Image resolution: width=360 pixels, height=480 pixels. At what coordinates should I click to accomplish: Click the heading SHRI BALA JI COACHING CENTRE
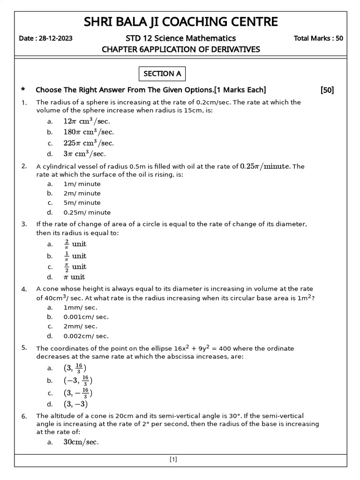click(180, 22)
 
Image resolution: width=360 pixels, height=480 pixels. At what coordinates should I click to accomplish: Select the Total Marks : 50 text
click(318, 38)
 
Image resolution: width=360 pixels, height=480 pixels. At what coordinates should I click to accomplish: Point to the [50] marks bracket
click(327, 90)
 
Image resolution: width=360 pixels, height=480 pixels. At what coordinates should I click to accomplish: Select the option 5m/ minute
click(82, 202)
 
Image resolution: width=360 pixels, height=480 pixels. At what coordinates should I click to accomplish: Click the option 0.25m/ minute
click(87, 212)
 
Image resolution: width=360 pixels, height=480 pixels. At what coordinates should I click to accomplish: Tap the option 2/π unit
click(75, 244)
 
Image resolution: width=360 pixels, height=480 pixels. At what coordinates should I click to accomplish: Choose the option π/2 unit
click(75, 266)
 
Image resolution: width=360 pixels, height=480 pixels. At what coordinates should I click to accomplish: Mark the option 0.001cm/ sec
click(86, 317)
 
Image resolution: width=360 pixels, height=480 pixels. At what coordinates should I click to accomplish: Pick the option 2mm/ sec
click(81, 326)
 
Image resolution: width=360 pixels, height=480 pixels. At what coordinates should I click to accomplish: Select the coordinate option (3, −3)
click(75, 404)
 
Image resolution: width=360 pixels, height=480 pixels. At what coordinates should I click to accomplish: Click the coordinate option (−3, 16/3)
click(78, 381)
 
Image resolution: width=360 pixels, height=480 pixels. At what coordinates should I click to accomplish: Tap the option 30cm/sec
click(81, 442)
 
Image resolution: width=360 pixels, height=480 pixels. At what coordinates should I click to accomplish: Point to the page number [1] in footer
click(173, 460)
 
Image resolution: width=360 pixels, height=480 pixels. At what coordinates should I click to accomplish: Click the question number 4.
click(24, 289)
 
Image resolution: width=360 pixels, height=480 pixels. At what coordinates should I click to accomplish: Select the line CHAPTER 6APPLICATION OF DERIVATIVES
click(180, 49)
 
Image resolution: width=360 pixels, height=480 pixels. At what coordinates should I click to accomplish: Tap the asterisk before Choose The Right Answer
click(23, 90)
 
